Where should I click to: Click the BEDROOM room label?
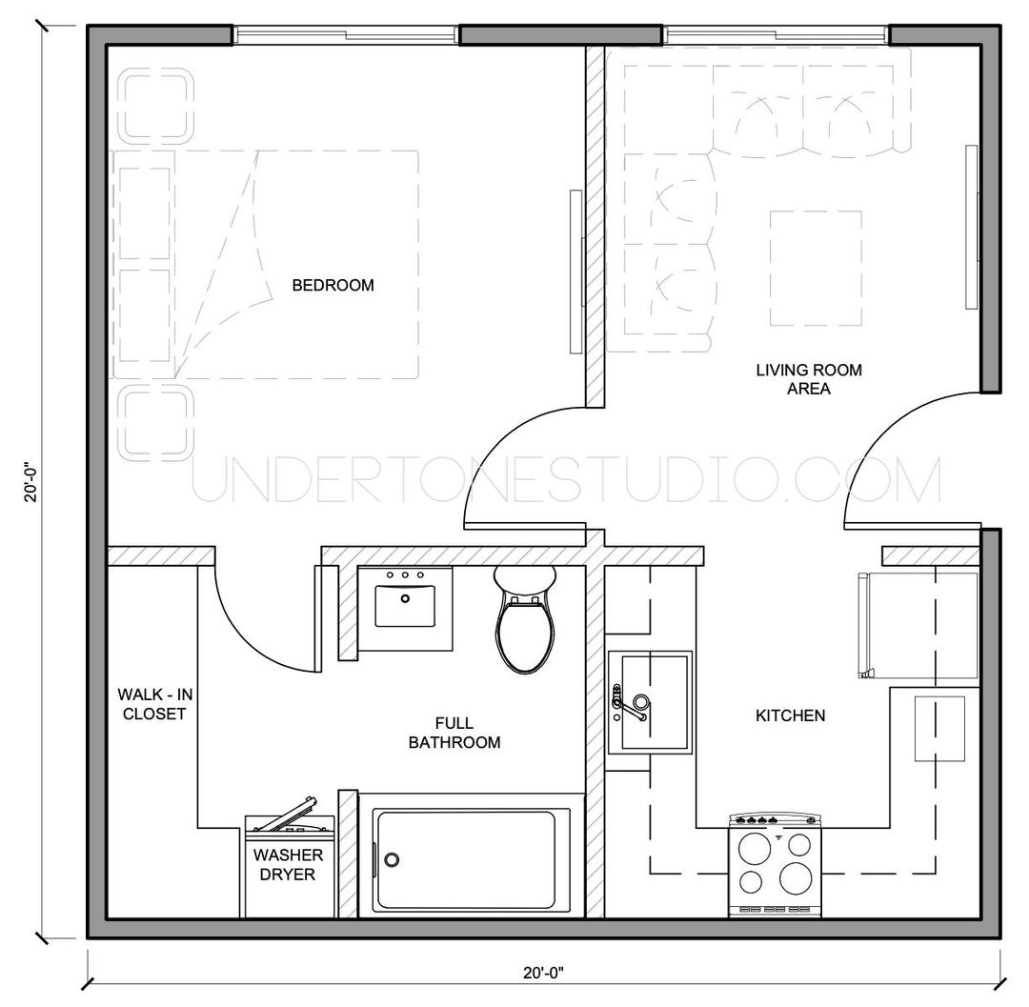click(333, 285)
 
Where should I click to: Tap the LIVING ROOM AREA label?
click(809, 379)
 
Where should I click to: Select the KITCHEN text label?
click(790, 715)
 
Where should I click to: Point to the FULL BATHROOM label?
click(454, 733)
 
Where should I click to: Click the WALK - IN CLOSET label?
click(152, 703)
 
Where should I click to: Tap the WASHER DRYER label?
click(287, 864)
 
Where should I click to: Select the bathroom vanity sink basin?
click(405, 606)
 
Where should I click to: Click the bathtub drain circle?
click(392, 860)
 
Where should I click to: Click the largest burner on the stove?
click(794, 877)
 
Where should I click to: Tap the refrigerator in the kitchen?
click(918, 625)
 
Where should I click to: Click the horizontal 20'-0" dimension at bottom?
click(543, 973)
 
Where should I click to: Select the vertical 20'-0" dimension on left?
click(30, 482)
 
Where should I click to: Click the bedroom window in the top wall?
click(346, 35)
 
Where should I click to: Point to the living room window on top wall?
click(777, 35)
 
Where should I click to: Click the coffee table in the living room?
click(816, 268)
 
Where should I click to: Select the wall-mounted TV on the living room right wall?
click(972, 227)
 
